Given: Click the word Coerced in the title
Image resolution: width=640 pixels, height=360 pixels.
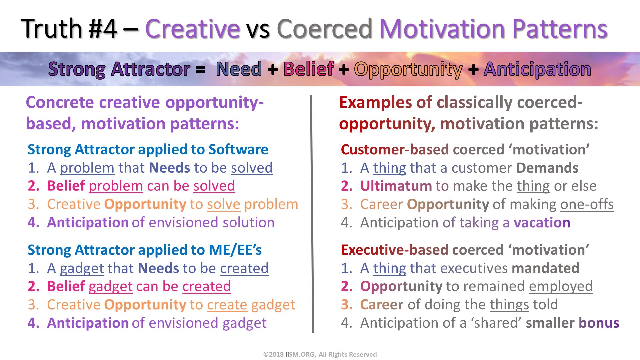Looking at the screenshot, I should pyautogui.click(x=324, y=29).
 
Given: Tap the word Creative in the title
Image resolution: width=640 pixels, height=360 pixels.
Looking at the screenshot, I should pyautogui.click(x=192, y=29).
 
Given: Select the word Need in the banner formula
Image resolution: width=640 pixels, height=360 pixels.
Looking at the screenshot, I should pyautogui.click(x=239, y=69).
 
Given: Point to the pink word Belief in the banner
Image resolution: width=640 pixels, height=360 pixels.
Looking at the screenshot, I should pyautogui.click(x=308, y=69).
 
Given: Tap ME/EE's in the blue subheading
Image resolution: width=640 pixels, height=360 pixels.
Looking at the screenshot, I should pyautogui.click(x=235, y=250).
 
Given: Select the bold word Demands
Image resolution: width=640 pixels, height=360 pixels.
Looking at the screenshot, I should pyautogui.click(x=547, y=168).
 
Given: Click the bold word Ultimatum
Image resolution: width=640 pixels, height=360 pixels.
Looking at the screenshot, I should pyautogui.click(x=396, y=186).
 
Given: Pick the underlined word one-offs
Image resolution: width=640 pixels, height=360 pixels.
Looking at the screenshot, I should pyautogui.click(x=587, y=204).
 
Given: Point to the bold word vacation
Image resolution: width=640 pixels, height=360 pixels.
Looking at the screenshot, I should pyautogui.click(x=542, y=223).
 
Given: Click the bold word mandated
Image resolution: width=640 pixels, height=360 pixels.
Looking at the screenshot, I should pyautogui.click(x=545, y=268).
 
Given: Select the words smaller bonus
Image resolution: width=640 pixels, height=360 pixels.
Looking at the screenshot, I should pyautogui.click(x=572, y=323).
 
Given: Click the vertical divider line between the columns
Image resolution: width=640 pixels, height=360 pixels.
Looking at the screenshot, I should pyautogui.click(x=312, y=213).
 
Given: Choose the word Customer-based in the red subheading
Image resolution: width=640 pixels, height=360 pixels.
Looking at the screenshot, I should pyautogui.click(x=395, y=150).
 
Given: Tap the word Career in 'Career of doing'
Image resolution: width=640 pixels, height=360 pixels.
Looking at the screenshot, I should pyautogui.click(x=382, y=305).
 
